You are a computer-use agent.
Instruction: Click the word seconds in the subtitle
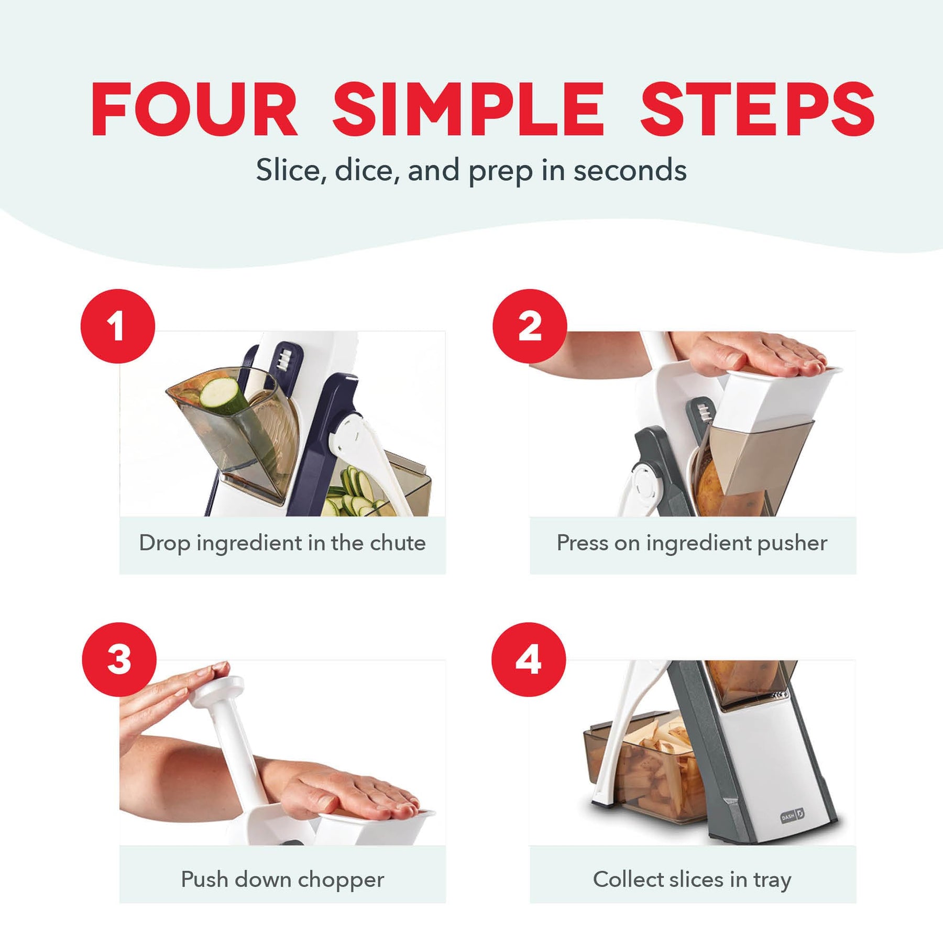click(630, 171)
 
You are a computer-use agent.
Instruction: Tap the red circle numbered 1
click(118, 326)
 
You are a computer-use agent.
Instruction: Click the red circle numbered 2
click(530, 326)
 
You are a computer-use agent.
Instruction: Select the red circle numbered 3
click(119, 660)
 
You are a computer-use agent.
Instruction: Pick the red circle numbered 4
click(529, 660)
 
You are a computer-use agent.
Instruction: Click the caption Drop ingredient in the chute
click(282, 543)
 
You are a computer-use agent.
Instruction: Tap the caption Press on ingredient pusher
click(692, 543)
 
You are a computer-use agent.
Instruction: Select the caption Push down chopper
click(282, 880)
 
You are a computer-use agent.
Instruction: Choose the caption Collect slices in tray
click(692, 880)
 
